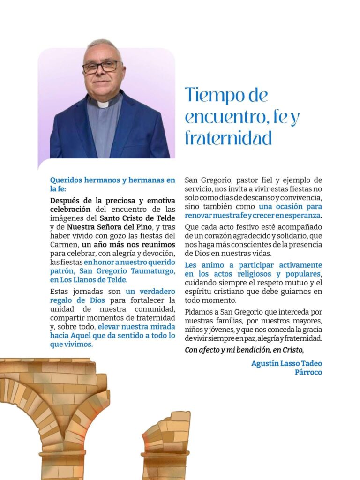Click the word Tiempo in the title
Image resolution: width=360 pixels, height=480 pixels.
pyautogui.click(x=213, y=95)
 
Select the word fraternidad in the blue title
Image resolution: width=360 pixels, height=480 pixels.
pyautogui.click(x=228, y=138)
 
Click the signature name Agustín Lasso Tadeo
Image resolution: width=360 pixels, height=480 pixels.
pyautogui.click(x=286, y=363)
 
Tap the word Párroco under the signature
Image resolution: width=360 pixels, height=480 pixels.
pyautogui.click(x=308, y=372)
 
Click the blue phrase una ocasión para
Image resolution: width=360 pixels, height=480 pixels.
pyautogui.click(x=290, y=206)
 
